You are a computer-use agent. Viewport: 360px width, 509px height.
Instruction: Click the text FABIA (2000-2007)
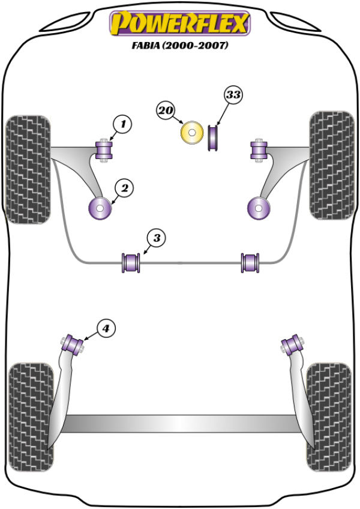click(x=179, y=46)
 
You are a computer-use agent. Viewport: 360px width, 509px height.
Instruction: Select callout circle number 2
click(x=124, y=188)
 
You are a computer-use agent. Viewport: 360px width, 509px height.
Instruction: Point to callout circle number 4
click(x=105, y=328)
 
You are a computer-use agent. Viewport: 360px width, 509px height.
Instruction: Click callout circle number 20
click(x=166, y=110)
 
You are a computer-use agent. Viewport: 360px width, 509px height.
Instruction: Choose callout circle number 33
click(x=234, y=95)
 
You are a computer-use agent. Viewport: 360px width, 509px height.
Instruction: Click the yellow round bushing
click(x=192, y=133)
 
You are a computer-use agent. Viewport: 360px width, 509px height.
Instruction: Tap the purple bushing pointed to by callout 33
click(x=213, y=137)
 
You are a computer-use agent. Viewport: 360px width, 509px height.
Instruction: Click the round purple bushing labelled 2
click(x=100, y=208)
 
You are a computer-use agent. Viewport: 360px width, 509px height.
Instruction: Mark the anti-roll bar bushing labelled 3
click(x=131, y=262)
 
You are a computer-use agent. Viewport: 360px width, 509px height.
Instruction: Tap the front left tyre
click(x=27, y=169)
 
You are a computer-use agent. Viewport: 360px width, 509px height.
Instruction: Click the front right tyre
click(x=331, y=165)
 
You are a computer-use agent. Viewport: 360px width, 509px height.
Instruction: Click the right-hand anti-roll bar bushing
click(x=250, y=262)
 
